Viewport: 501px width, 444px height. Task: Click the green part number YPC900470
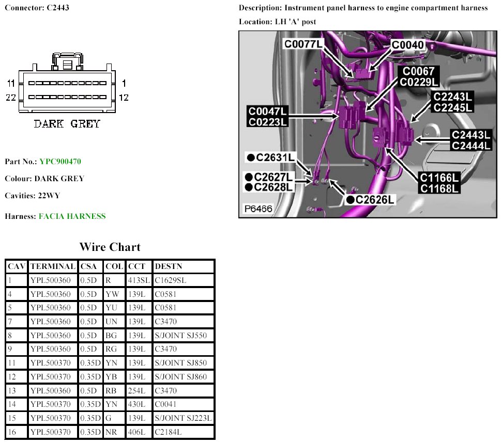point(60,162)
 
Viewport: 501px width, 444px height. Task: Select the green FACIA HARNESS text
point(72,216)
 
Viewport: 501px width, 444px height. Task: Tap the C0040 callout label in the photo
point(408,45)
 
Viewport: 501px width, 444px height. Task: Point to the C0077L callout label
point(303,44)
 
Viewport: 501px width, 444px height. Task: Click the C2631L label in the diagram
point(271,157)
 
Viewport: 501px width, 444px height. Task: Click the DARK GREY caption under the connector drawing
point(67,124)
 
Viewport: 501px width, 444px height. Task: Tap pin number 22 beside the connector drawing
point(10,98)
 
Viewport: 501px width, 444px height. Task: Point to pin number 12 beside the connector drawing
point(124,98)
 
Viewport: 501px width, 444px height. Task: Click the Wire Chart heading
point(110,247)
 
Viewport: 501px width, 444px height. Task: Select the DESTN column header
point(168,266)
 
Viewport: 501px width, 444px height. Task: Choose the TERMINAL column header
point(53,266)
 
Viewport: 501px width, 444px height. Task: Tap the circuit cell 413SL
point(138,280)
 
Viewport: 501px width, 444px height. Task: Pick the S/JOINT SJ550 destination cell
point(180,336)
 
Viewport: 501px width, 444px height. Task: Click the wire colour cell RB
point(111,391)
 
